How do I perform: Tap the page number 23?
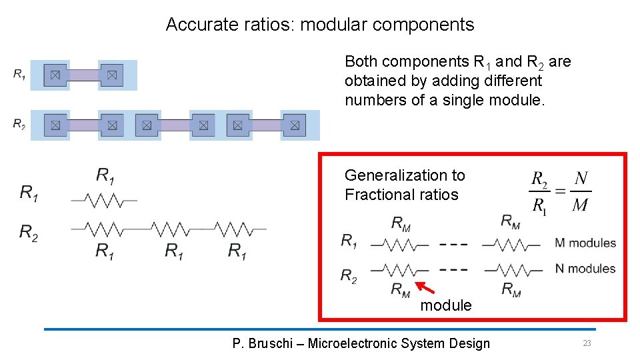[587, 343]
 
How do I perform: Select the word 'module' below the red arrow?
[445, 305]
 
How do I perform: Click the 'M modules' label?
[585, 243]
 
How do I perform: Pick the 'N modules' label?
[585, 269]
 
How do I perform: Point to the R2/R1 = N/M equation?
[560, 191]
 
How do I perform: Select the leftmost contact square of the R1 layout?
[55, 75]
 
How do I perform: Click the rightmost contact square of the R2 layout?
[294, 125]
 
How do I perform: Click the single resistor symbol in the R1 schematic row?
[104, 199]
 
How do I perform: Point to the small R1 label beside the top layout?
[19, 74]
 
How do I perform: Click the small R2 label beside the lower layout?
[19, 123]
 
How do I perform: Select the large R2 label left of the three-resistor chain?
[29, 232]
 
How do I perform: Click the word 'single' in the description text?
[461, 100]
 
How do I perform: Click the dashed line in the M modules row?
[453, 244]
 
